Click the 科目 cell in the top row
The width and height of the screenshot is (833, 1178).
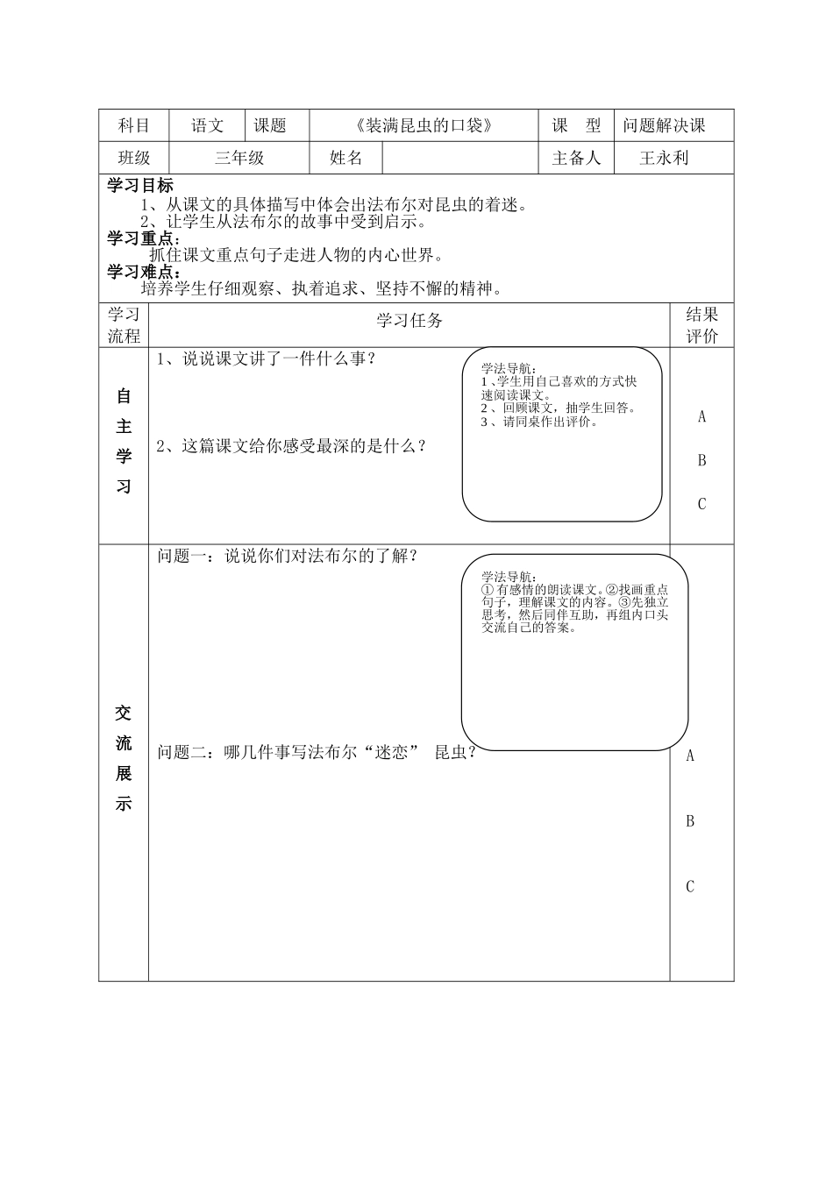(x=133, y=125)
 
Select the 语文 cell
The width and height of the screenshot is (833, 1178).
(x=208, y=125)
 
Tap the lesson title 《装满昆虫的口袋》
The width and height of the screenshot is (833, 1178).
(x=424, y=125)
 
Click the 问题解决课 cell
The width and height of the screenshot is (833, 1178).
(x=664, y=125)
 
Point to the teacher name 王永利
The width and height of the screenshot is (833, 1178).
(x=664, y=158)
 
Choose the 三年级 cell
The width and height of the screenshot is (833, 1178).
(x=239, y=158)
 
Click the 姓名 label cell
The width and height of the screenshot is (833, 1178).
(x=345, y=158)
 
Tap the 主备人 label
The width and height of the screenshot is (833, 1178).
(x=576, y=158)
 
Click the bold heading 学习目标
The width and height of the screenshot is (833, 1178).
(x=140, y=185)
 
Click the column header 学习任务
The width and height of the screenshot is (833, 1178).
(x=409, y=321)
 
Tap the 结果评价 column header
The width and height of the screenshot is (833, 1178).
(x=701, y=325)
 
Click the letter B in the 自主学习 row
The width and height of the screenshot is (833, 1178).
(x=701, y=461)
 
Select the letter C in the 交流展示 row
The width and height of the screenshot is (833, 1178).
(x=690, y=887)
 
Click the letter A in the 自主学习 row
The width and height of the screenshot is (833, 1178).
(x=701, y=417)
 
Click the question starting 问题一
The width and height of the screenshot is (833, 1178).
(x=288, y=556)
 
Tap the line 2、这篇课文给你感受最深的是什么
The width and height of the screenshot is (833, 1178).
(x=291, y=446)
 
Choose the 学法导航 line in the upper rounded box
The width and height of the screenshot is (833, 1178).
(x=509, y=369)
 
